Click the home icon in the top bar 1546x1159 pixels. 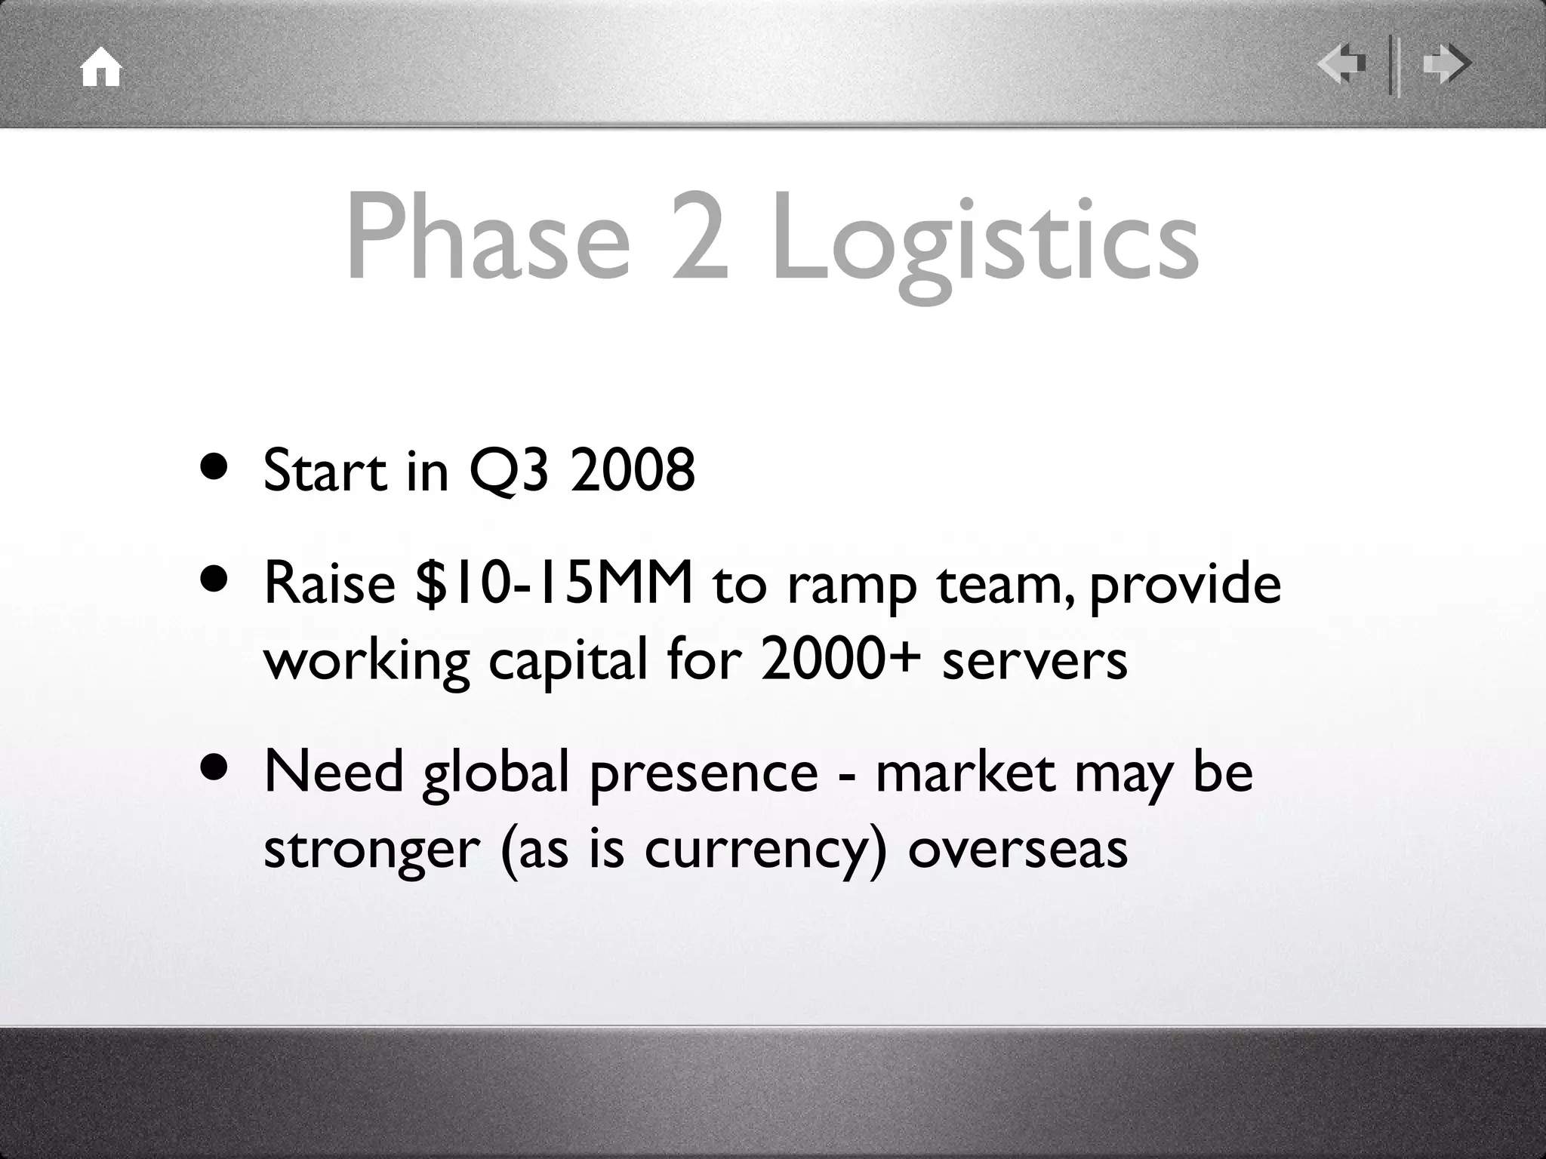point(101,68)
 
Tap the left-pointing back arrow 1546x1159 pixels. point(1341,65)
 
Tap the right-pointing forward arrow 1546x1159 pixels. point(1446,65)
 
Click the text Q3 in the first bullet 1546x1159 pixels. point(507,471)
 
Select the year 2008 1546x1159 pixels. point(632,469)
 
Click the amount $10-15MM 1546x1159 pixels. point(554,583)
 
